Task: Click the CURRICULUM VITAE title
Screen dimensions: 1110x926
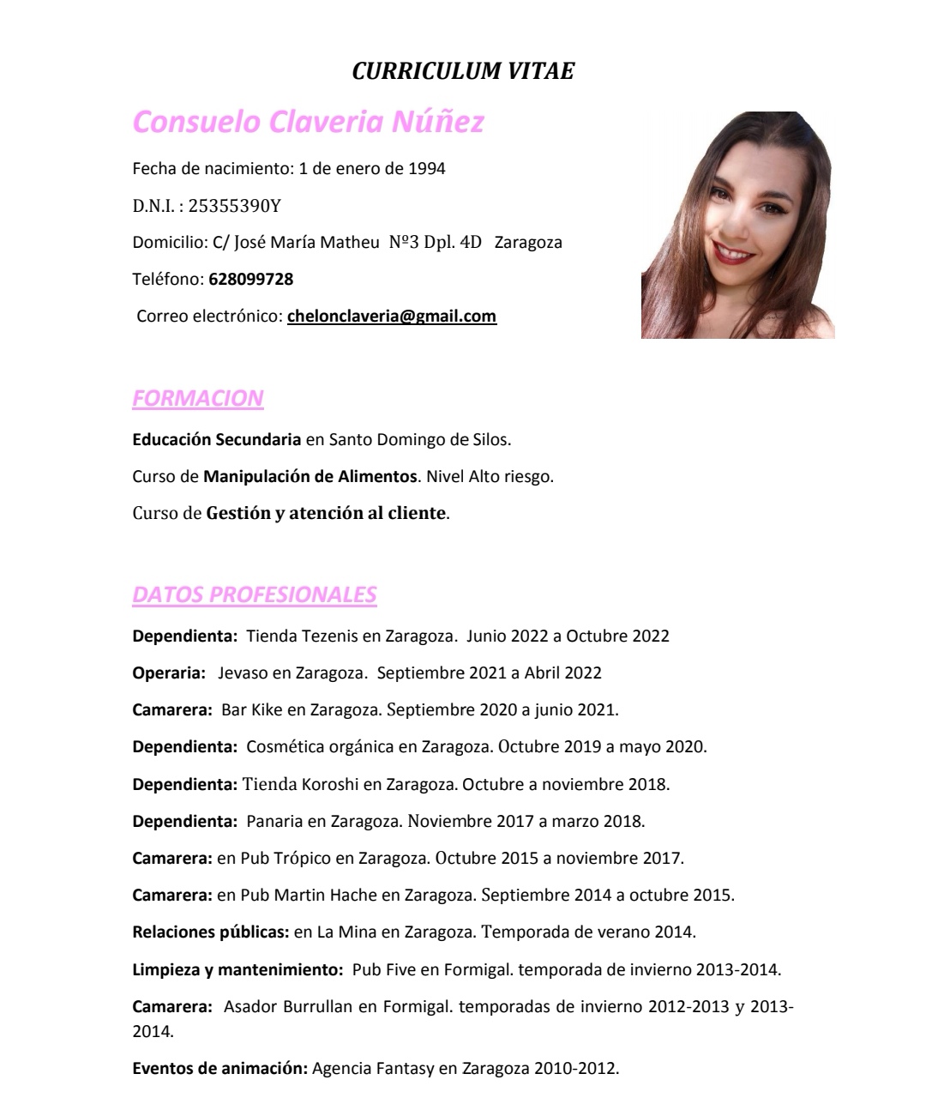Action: point(463,71)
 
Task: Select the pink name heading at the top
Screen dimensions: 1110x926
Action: point(309,122)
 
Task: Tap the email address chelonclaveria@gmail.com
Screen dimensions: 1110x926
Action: point(392,316)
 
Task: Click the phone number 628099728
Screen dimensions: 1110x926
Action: point(250,279)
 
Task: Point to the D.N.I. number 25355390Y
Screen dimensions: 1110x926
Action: point(234,206)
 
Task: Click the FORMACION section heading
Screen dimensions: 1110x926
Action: point(198,399)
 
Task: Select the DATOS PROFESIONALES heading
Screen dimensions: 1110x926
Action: point(255,594)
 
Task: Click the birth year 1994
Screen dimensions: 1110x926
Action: point(426,168)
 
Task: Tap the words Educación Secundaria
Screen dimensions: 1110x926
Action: point(216,440)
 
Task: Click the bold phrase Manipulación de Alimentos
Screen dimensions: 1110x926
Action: point(310,477)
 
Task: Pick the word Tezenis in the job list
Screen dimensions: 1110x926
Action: point(327,636)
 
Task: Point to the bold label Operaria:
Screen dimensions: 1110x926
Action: point(169,673)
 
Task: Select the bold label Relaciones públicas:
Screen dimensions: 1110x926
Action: point(210,932)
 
